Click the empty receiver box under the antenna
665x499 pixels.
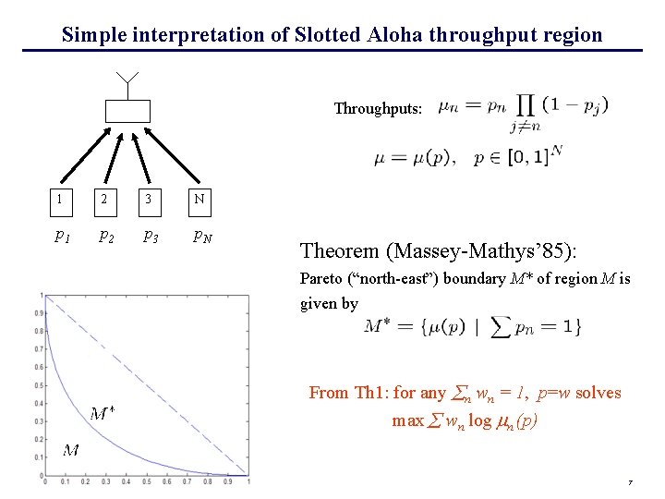(127, 111)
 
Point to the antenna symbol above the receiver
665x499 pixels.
(127, 81)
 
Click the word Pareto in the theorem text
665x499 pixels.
(322, 278)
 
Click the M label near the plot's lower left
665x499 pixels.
(70, 451)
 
